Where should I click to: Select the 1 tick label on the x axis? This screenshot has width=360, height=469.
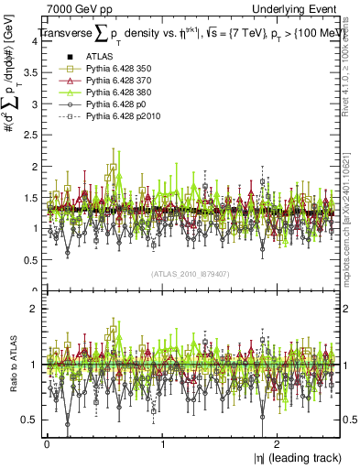tap(162, 443)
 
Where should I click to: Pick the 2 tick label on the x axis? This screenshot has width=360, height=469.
tap(278, 443)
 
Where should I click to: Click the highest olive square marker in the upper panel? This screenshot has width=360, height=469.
tap(113, 168)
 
